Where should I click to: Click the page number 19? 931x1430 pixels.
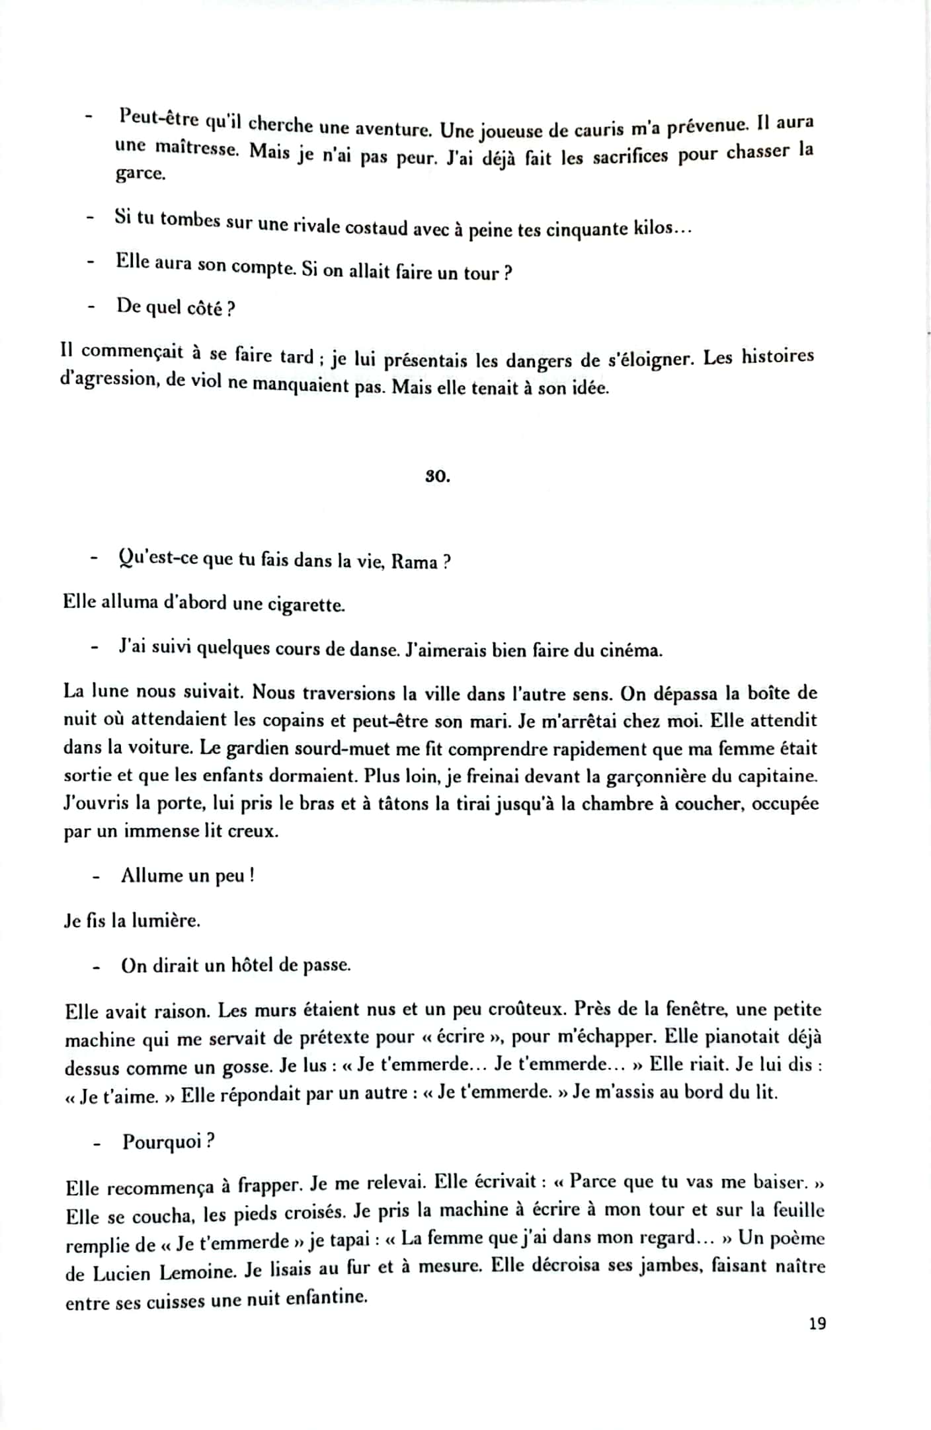pyautogui.click(x=817, y=1324)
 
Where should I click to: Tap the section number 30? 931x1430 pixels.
pyautogui.click(x=437, y=476)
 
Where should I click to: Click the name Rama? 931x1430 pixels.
pyautogui.click(x=415, y=562)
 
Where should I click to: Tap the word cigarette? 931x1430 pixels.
pyautogui.click(x=305, y=605)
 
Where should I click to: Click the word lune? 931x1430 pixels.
pyautogui.click(x=110, y=692)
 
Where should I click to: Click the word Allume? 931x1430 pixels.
pyautogui.click(x=151, y=876)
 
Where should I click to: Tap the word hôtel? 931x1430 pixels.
pyautogui.click(x=254, y=965)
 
